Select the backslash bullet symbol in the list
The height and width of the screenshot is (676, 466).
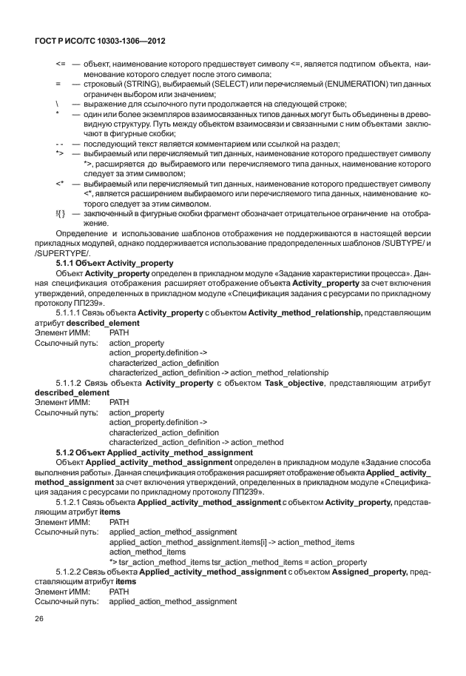click(x=58, y=103)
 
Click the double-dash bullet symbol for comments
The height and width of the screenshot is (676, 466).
click(x=59, y=143)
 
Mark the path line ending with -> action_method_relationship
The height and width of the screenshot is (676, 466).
click(x=218, y=372)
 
